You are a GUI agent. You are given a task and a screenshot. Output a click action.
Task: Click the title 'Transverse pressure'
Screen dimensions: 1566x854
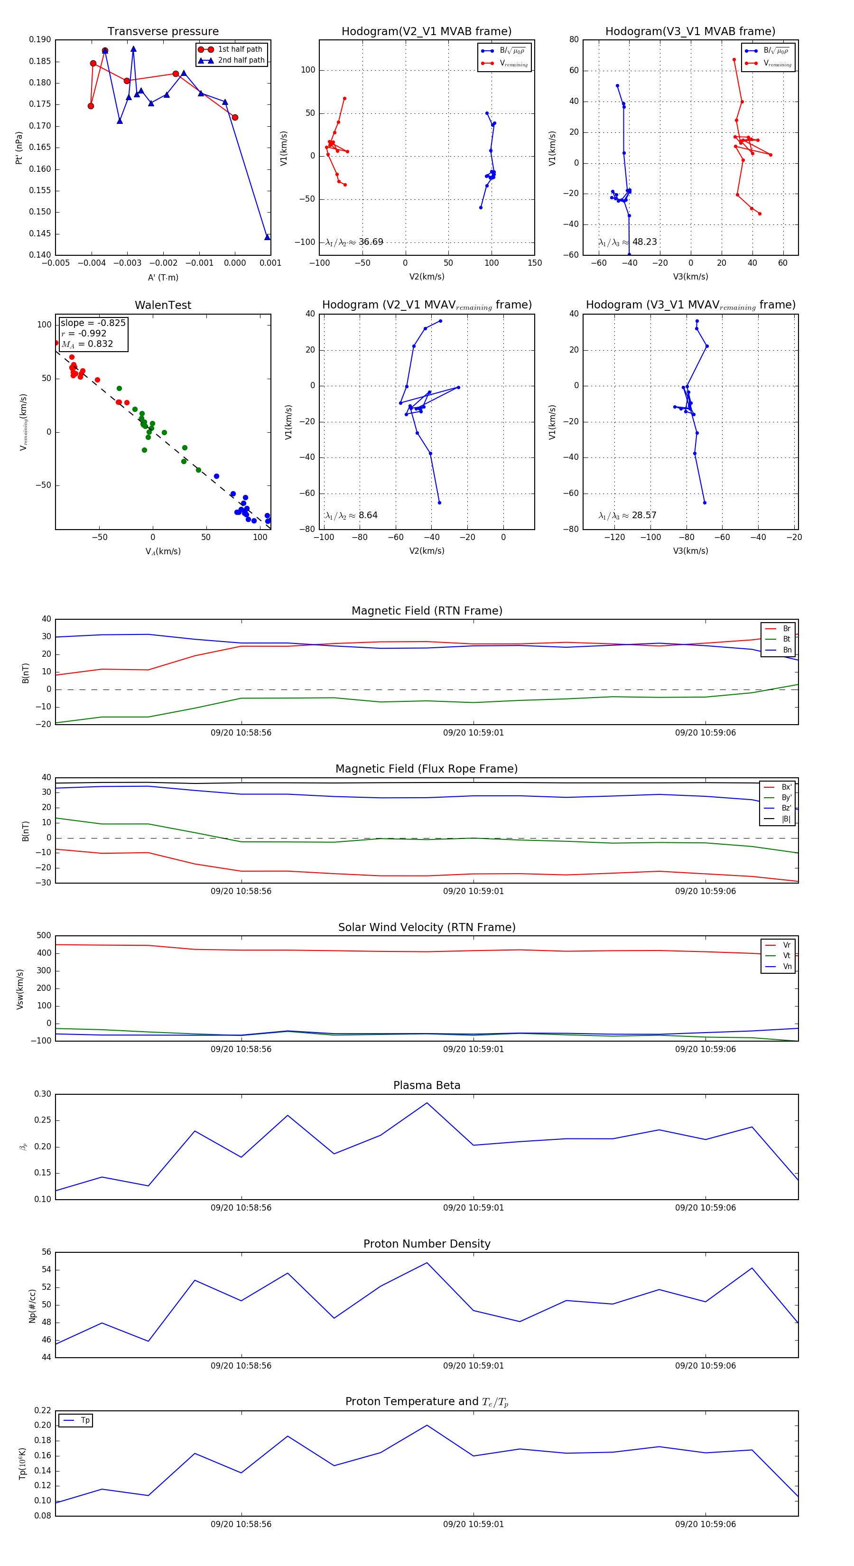click(163, 32)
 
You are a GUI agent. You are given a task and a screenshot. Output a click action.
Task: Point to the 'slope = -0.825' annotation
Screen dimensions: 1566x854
click(93, 323)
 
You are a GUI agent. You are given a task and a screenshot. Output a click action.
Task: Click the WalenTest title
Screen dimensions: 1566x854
click(163, 305)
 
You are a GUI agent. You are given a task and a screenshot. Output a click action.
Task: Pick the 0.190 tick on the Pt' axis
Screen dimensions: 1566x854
click(40, 39)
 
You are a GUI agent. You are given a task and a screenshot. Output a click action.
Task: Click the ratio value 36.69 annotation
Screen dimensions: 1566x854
click(371, 242)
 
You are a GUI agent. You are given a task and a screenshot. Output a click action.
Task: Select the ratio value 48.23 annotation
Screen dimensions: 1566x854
click(644, 242)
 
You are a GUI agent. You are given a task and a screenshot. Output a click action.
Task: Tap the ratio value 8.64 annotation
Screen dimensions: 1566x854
click(368, 515)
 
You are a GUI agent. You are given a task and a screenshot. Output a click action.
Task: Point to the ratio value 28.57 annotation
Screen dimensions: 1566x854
click(644, 515)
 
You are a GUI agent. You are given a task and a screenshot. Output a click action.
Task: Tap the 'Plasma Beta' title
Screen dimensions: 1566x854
click(427, 1086)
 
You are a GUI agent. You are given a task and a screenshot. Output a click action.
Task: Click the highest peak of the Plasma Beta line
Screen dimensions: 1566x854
click(427, 1103)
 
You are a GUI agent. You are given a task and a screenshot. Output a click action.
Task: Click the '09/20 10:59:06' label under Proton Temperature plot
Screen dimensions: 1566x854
click(705, 1524)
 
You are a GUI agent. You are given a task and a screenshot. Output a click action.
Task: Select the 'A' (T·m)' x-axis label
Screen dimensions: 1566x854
click(163, 278)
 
